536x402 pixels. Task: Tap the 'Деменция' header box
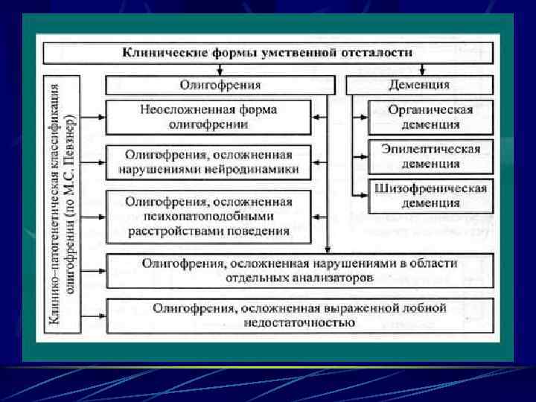(x=420, y=85)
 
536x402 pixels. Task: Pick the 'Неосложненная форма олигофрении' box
(x=208, y=117)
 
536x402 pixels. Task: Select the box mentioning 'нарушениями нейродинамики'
(x=208, y=162)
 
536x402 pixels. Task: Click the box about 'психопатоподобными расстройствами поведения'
(x=208, y=216)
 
